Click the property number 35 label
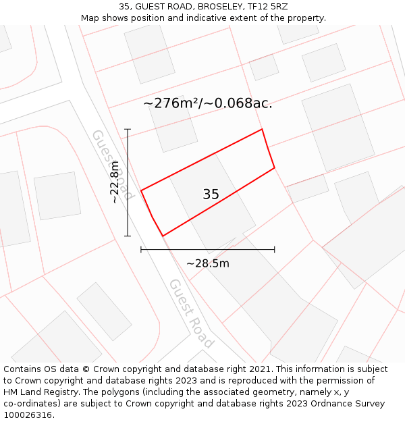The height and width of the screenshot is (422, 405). [211, 194]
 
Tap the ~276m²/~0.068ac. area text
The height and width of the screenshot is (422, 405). [207, 103]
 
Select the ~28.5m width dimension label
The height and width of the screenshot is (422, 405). [207, 263]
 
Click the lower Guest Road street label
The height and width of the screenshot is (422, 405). [191, 313]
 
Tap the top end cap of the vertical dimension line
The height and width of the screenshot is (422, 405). [128, 129]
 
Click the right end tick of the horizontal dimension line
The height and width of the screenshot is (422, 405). [274, 250]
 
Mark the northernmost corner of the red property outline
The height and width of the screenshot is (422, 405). [262, 129]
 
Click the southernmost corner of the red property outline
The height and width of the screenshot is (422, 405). [163, 236]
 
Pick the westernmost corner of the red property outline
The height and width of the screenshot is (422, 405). [141, 191]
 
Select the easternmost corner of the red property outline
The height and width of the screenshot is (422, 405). [274, 167]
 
